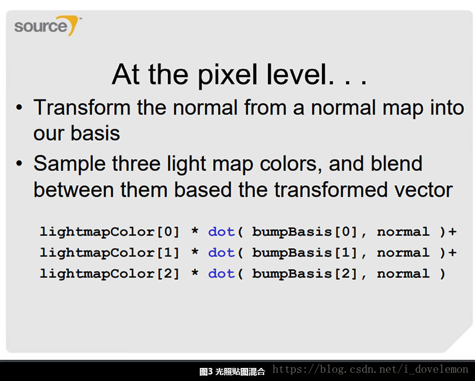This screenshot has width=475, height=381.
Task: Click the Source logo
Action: (47, 26)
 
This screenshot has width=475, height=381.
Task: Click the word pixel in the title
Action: (228, 75)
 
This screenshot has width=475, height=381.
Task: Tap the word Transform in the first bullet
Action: (82, 107)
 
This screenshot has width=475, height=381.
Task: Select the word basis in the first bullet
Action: (95, 134)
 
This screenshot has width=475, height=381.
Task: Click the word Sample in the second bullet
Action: (69, 164)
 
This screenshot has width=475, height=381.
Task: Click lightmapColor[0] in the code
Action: (110, 232)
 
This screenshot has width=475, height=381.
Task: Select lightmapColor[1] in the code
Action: (110, 253)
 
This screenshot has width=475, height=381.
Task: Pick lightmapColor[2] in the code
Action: (110, 274)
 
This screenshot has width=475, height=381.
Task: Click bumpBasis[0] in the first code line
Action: (305, 232)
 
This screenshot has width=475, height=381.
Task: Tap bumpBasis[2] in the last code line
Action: (305, 274)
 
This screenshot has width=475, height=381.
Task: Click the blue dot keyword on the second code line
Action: (221, 253)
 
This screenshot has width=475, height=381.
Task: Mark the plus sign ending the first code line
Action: (452, 232)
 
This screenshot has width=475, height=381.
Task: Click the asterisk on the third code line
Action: (195, 272)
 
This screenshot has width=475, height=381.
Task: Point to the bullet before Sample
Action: (20, 164)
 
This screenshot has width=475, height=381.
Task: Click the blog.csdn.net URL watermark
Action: (370, 370)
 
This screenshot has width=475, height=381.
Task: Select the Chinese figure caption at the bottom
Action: (232, 372)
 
